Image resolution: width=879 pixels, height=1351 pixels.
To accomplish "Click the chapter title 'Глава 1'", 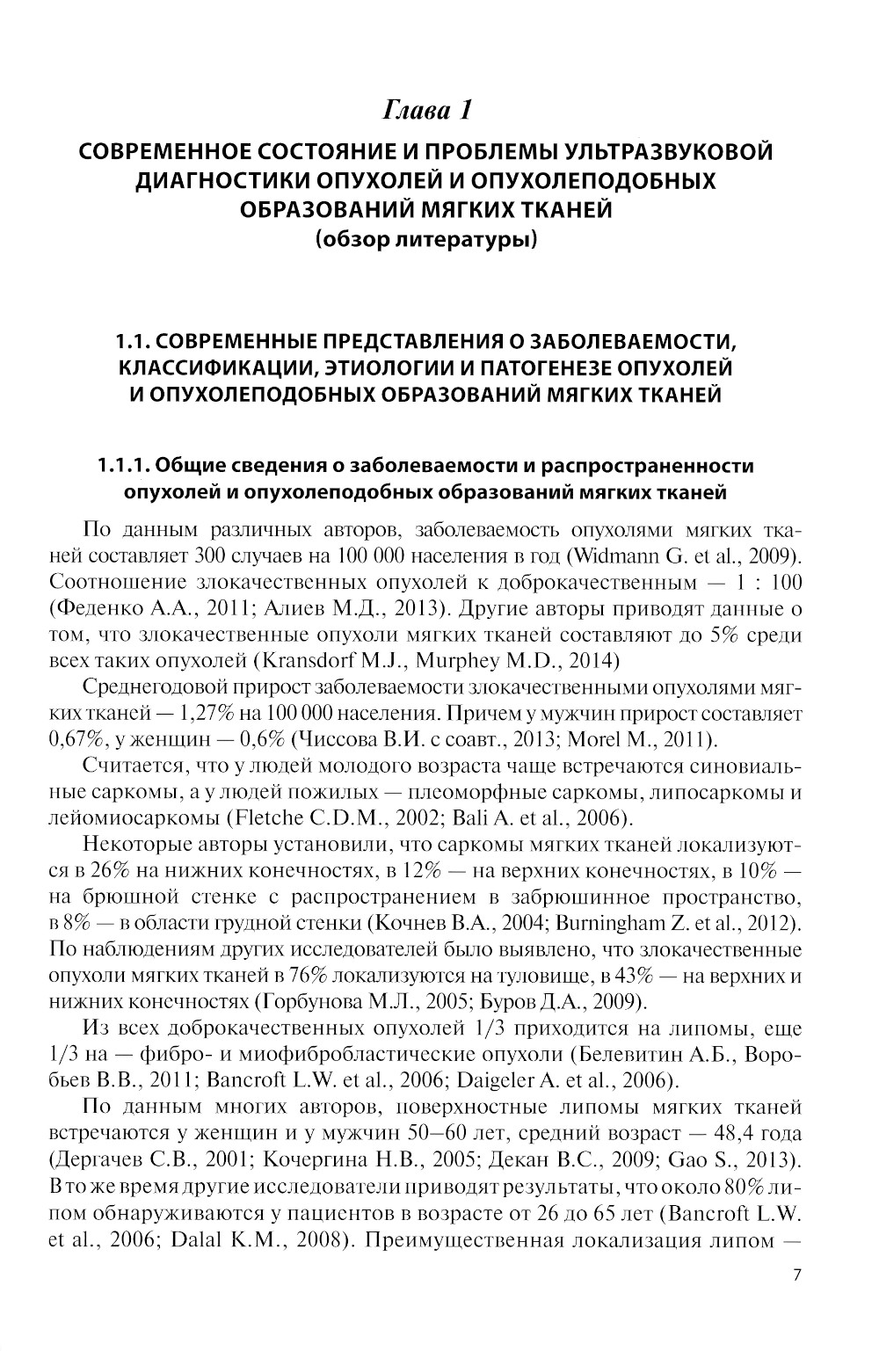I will [x=427, y=111].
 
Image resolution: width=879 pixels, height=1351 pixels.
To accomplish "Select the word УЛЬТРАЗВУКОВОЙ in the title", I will [x=674, y=153].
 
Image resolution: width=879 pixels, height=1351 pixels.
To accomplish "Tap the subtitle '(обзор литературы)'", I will [x=426, y=238].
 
